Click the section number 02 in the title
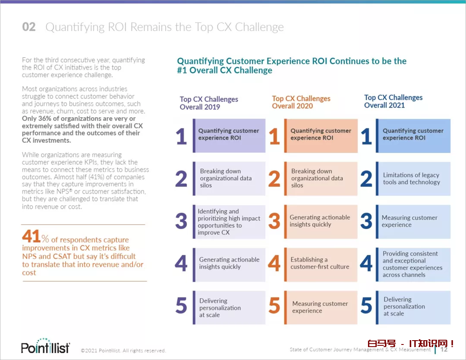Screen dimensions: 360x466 point(29,27)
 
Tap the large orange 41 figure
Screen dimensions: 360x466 point(31,237)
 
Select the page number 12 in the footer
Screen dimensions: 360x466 point(444,349)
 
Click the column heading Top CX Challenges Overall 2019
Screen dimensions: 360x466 point(209,103)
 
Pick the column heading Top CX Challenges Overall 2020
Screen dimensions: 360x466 point(301,103)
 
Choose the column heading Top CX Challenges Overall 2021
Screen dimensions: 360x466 point(393,101)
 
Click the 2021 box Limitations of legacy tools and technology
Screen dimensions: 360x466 point(413,178)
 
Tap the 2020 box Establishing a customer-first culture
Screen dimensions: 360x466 point(321,263)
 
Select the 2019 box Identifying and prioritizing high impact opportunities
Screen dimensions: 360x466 point(229,222)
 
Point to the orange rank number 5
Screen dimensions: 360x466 point(274,306)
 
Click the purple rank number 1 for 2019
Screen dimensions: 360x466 point(182,137)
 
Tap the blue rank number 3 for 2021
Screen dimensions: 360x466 point(366,222)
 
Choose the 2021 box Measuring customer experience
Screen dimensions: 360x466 point(413,221)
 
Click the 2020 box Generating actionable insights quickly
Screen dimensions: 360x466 point(321,221)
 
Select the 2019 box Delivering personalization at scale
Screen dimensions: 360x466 point(229,307)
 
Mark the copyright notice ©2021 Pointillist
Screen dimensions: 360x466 point(123,351)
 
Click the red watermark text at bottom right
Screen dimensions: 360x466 point(411,344)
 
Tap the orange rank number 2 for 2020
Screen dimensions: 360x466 point(274,179)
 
